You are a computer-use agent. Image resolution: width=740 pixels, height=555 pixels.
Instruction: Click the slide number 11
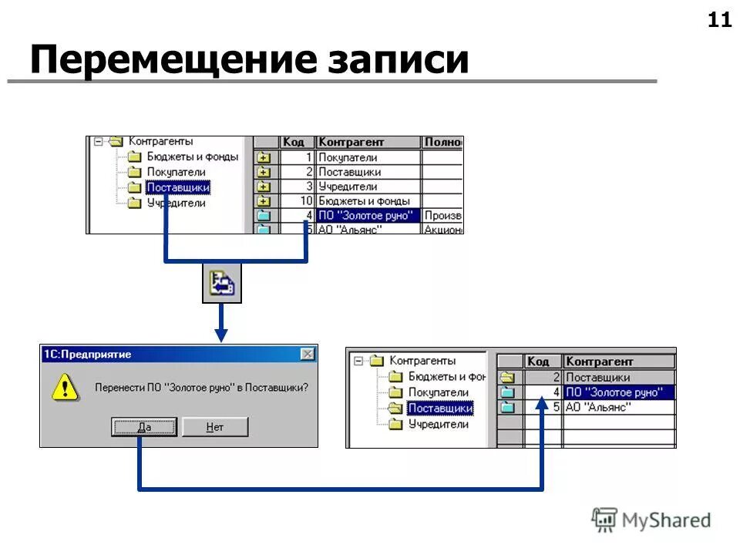coord(719,21)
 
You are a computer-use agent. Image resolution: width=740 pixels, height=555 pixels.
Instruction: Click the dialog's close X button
coord(308,354)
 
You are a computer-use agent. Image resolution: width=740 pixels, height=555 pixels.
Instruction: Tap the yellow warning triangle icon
coord(66,387)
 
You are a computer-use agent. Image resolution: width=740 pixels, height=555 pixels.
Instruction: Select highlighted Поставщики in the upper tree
coord(178,187)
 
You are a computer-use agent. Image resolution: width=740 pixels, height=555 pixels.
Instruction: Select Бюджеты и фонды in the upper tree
coord(193,156)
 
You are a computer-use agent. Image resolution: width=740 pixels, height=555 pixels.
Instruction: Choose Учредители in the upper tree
coord(177,203)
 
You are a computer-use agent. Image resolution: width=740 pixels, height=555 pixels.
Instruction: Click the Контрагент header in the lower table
coord(600,361)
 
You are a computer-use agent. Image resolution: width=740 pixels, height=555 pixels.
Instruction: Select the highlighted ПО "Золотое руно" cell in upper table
coord(365,216)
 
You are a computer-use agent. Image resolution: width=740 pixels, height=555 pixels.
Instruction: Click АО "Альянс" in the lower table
coord(598,407)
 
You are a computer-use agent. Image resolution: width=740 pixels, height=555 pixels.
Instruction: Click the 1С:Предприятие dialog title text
coord(87,355)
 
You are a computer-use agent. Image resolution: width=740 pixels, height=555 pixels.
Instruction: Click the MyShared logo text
coord(668,520)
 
